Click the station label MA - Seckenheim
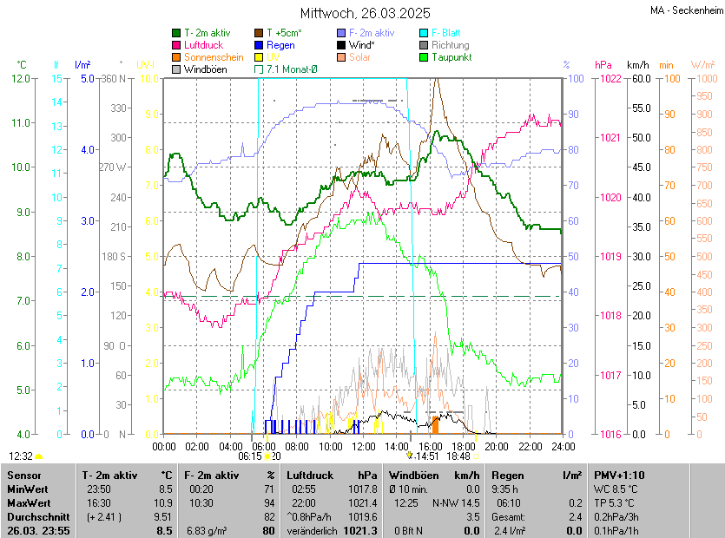(x=685, y=10)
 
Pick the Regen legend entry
(x=280, y=44)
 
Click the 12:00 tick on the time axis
(x=364, y=446)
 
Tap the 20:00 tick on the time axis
(x=497, y=446)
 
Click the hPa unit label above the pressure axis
(x=603, y=65)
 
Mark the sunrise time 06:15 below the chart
(x=250, y=456)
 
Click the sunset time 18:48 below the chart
(x=458, y=456)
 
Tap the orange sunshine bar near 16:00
(x=436, y=424)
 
